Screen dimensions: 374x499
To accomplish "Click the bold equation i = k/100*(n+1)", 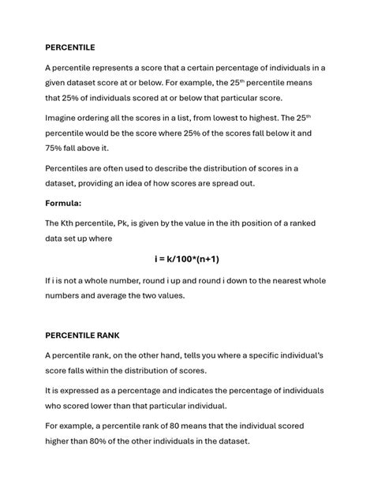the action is tap(186, 258).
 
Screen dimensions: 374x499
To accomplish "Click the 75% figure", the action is tap(55, 148).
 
